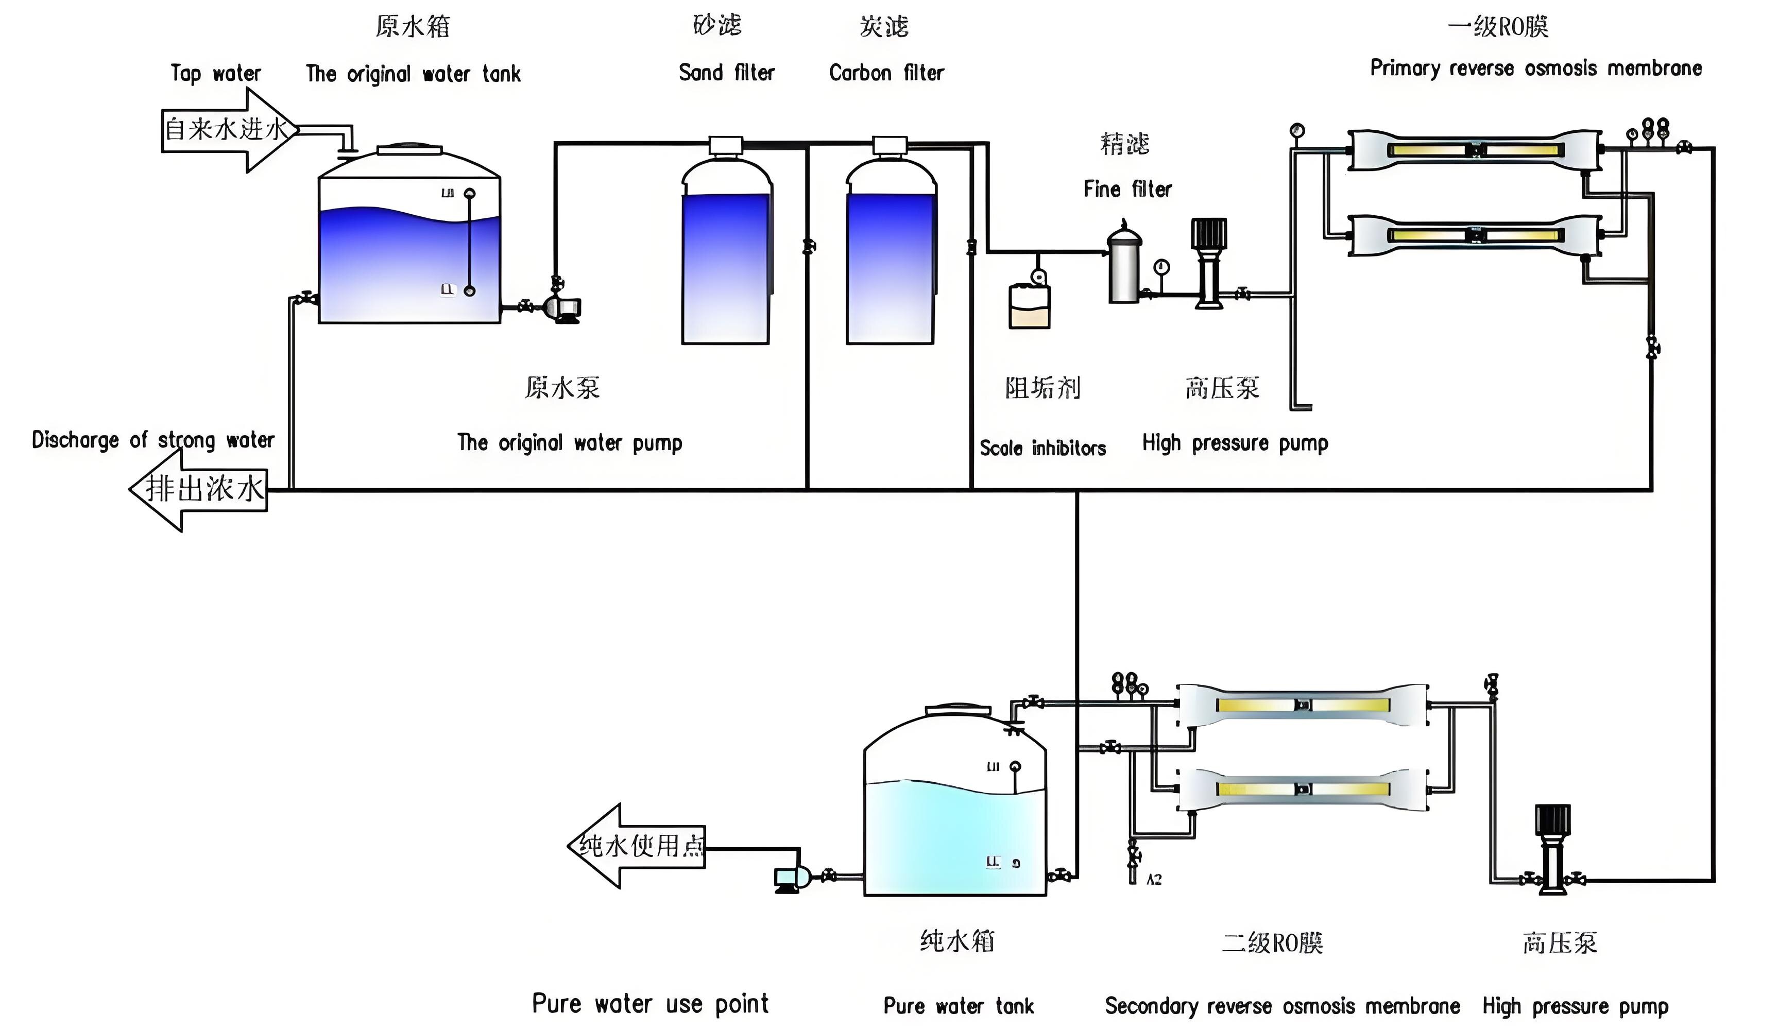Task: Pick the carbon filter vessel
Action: click(x=891, y=254)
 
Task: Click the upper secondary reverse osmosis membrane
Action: click(x=1303, y=705)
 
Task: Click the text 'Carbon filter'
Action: click(x=886, y=73)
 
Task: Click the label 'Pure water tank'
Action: click(x=958, y=1006)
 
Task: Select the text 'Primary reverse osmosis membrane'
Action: click(x=1535, y=68)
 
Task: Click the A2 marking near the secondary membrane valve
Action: click(x=1154, y=880)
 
